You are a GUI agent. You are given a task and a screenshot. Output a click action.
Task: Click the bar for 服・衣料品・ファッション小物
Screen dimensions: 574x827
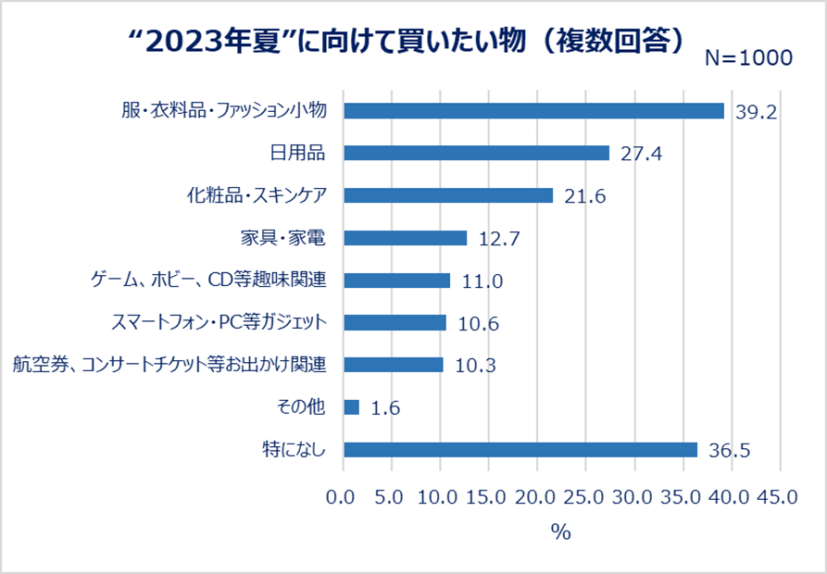click(x=533, y=110)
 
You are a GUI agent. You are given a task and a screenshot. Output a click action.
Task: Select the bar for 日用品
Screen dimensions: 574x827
click(x=476, y=153)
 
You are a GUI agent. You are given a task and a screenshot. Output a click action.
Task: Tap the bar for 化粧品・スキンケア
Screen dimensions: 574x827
click(x=448, y=195)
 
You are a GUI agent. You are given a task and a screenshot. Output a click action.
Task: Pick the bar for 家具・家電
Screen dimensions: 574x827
click(x=405, y=238)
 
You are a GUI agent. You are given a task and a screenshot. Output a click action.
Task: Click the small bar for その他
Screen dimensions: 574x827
click(x=351, y=407)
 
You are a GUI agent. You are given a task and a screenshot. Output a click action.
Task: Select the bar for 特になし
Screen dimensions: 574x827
click(x=520, y=450)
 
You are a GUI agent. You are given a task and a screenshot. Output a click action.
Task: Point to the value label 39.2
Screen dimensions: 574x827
click(x=755, y=111)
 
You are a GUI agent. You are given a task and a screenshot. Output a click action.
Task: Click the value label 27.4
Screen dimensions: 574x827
click(x=640, y=154)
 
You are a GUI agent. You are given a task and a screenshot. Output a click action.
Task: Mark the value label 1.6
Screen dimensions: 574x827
click(x=384, y=408)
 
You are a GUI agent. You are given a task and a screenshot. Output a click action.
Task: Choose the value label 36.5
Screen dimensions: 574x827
click(x=729, y=451)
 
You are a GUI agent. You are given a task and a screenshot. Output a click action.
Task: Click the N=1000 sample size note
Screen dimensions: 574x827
click(x=748, y=57)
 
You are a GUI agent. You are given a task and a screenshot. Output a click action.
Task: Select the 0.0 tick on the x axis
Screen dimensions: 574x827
click(x=344, y=497)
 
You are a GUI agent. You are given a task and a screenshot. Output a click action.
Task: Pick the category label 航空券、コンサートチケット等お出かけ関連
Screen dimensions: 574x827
click(x=169, y=365)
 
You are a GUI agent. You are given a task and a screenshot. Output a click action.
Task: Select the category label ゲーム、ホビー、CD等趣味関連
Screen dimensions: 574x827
click(x=209, y=280)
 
